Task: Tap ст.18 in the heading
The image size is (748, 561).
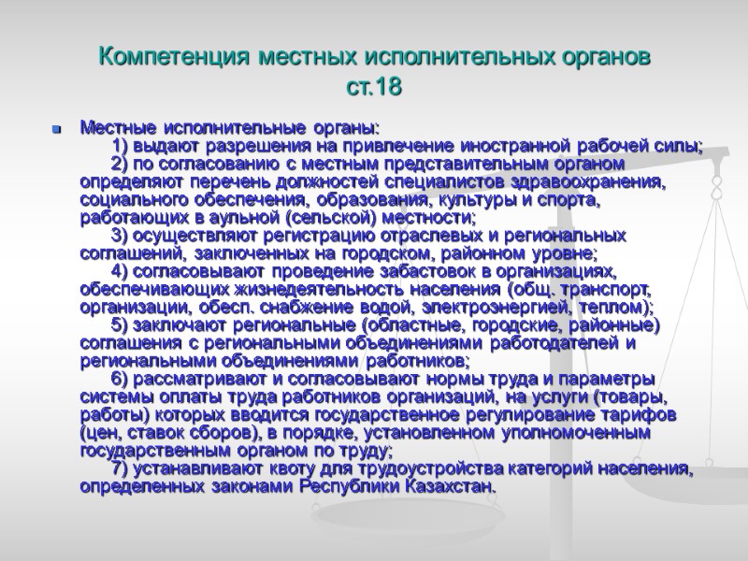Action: point(373,88)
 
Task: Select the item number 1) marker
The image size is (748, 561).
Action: point(120,147)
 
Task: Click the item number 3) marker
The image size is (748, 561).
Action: point(120,235)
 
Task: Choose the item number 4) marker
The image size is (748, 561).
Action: point(120,270)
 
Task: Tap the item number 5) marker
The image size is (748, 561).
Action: point(120,324)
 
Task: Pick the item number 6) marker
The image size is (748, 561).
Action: point(120,378)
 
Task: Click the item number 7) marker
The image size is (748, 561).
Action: point(120,467)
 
